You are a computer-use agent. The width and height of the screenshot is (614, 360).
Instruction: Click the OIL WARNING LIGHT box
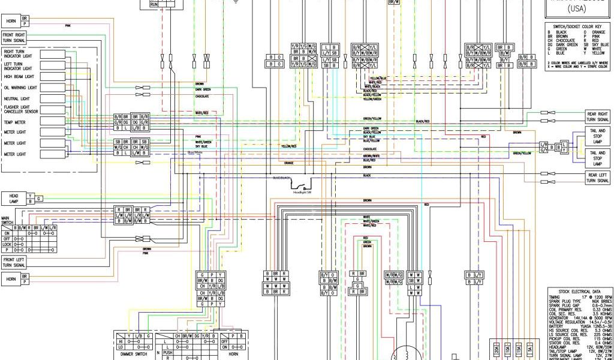click(x=21, y=88)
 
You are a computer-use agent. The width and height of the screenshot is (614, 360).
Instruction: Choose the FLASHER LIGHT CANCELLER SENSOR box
click(x=21, y=110)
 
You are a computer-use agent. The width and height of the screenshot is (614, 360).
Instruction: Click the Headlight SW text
click(x=303, y=193)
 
